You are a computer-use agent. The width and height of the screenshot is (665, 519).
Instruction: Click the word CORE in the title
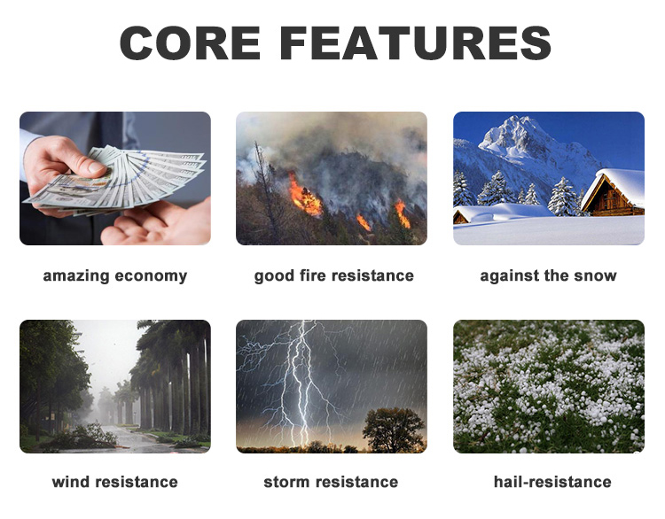click(x=191, y=43)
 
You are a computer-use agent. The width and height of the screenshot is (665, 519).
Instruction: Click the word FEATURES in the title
click(x=416, y=43)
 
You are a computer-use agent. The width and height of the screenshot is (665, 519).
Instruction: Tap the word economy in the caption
click(x=151, y=276)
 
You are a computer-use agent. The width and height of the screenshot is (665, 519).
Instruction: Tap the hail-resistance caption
click(x=552, y=482)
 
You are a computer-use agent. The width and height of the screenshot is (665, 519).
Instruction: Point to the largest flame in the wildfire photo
click(x=305, y=196)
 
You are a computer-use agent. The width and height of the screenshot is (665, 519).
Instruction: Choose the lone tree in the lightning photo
click(x=393, y=430)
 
